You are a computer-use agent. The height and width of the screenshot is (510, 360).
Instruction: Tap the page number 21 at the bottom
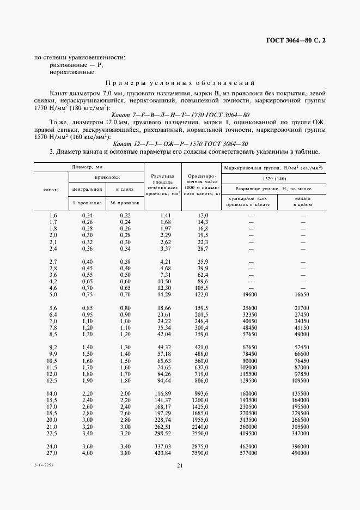pos(179,465)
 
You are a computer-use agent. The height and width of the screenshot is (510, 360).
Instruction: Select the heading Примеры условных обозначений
pos(179,83)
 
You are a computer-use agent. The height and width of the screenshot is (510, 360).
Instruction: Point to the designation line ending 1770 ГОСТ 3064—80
pos(180,115)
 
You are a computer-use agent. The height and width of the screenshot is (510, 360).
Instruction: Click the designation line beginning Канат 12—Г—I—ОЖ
pos(180,143)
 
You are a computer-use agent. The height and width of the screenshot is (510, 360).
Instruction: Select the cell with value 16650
pos(303,294)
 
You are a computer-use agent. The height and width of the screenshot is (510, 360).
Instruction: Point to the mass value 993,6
pos(202,393)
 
